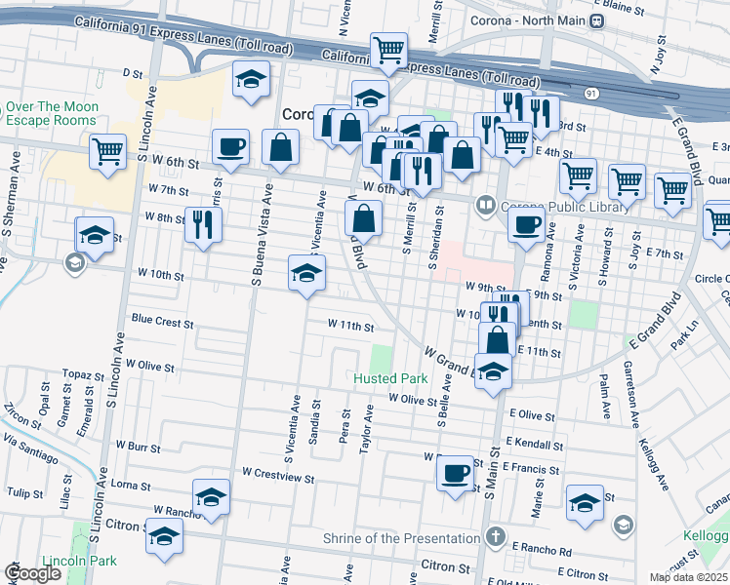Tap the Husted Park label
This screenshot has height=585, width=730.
click(x=390, y=377)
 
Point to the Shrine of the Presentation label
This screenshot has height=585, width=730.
click(x=403, y=538)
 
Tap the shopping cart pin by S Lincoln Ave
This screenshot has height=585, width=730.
click(x=107, y=151)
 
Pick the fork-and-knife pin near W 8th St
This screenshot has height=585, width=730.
click(x=202, y=225)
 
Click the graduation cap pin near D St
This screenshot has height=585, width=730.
click(x=251, y=80)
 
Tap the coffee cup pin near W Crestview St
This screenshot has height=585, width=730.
click(x=455, y=474)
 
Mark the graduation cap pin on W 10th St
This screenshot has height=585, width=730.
click(x=306, y=273)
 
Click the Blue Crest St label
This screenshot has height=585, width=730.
click(x=163, y=320)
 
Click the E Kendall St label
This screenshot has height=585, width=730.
click(x=535, y=443)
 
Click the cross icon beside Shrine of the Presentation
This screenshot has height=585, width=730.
click(x=496, y=537)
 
